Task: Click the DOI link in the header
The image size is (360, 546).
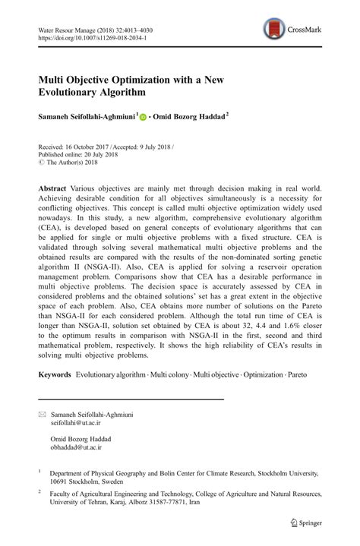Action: (91, 36)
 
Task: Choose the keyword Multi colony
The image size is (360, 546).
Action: (171, 374)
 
